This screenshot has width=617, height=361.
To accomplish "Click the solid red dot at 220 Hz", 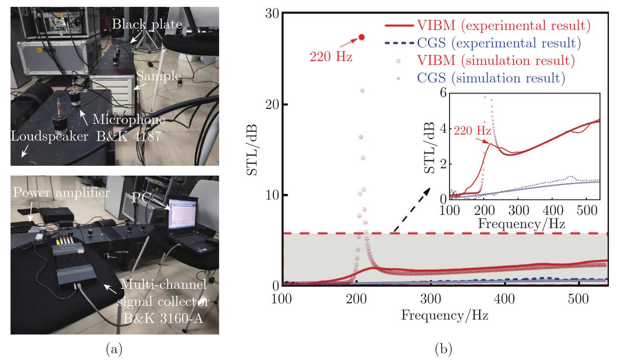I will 362,37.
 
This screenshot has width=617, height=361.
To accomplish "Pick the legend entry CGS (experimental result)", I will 487,43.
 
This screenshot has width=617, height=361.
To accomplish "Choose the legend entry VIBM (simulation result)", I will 487,61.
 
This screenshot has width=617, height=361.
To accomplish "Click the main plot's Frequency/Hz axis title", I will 444,316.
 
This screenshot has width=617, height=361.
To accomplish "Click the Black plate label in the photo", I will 147,24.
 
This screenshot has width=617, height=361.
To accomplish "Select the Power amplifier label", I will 61,193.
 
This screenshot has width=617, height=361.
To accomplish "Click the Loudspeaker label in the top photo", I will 50,137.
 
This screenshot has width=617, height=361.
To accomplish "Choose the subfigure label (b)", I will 442,350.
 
